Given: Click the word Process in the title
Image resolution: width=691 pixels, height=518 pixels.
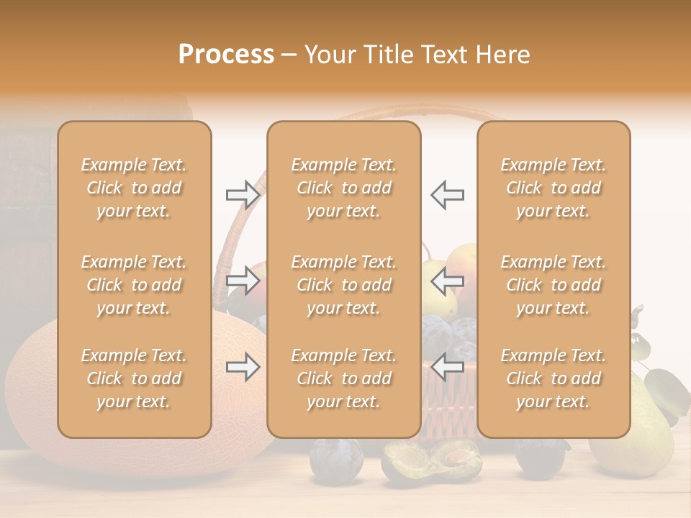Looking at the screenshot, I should (x=226, y=55).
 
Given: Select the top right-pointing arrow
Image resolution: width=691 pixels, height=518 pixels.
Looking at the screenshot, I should (x=243, y=194).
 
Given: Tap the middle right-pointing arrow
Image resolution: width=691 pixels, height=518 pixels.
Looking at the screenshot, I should (x=243, y=280).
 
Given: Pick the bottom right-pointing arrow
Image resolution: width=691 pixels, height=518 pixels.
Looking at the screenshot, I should (x=243, y=367).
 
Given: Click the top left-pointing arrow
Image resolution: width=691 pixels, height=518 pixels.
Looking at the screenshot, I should (x=447, y=194).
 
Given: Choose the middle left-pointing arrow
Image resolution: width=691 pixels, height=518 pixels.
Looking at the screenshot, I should (x=447, y=280).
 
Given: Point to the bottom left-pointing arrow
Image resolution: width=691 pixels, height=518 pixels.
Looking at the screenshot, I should (x=447, y=367).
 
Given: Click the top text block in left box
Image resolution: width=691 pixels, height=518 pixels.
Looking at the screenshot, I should (x=134, y=188).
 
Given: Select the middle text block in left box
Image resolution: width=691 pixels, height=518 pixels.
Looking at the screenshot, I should (x=134, y=285).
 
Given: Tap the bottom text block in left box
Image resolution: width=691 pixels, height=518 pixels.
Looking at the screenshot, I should (x=134, y=378).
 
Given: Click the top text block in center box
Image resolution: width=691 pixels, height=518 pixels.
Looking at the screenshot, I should (x=344, y=188).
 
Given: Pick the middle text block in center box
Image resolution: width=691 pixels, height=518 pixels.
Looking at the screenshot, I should (x=344, y=285).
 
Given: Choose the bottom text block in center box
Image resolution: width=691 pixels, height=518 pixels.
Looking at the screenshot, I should (x=344, y=378).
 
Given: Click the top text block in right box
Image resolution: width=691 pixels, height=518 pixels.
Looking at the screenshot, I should (x=554, y=188).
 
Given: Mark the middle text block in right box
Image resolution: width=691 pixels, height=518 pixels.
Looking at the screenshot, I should (x=554, y=285).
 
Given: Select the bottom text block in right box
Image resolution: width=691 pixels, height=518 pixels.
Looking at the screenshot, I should (x=554, y=378).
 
